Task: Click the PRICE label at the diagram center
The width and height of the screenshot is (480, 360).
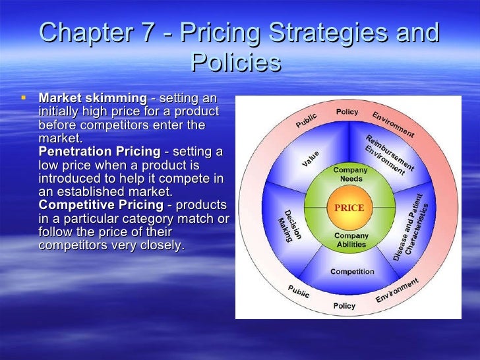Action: (349, 208)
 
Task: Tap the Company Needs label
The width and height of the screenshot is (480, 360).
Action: (351, 175)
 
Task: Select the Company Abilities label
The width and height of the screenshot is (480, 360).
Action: (351, 240)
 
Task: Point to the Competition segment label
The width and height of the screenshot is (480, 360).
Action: (352, 272)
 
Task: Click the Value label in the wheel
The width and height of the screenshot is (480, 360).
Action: (311, 159)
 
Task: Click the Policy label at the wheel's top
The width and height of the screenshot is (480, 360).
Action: (347, 112)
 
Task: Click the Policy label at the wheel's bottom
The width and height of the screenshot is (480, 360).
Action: (344, 306)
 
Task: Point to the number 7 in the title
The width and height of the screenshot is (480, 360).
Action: (152, 33)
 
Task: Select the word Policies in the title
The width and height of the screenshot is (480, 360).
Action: (235, 63)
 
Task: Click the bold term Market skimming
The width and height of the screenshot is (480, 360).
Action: (93, 98)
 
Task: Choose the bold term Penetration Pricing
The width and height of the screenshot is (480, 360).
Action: (100, 152)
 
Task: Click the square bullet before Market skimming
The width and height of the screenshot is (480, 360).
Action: (24, 98)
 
